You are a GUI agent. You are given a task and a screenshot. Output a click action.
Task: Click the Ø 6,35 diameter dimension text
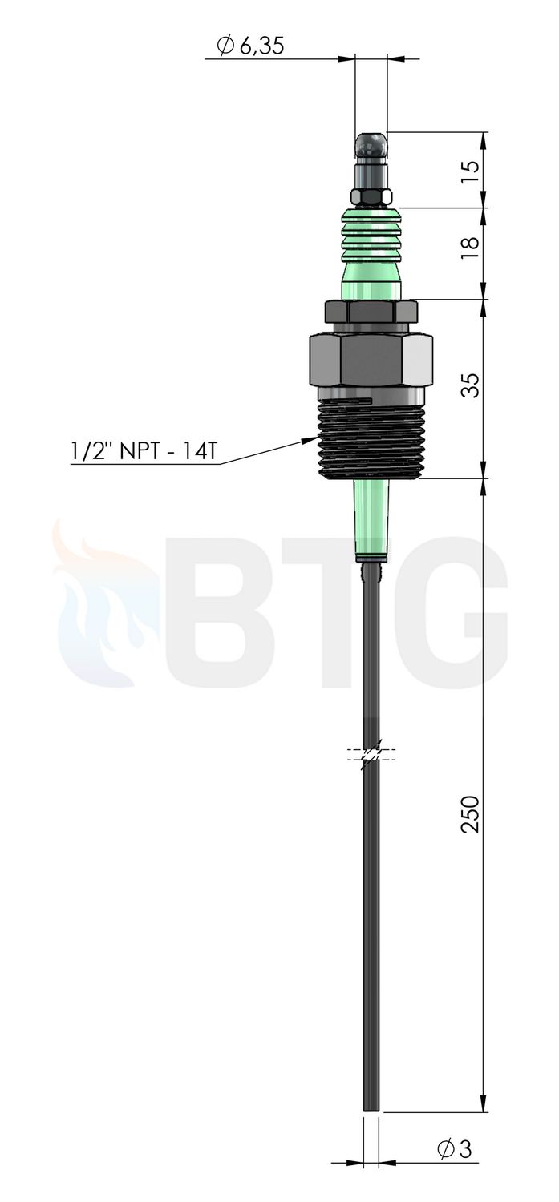pos(249,46)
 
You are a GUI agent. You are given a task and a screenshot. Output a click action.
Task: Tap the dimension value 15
pos(469,173)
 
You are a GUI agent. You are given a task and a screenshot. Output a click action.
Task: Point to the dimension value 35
pos(469,384)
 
